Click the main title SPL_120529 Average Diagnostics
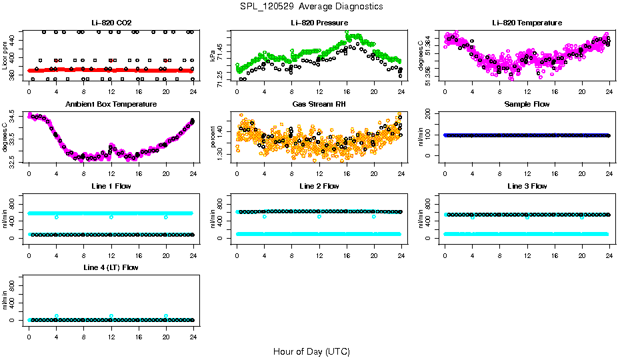point(312,6)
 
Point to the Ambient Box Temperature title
point(111,104)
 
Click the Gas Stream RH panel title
point(319,104)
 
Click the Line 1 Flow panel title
point(111,186)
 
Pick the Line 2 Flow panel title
point(319,186)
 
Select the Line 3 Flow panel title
point(527,186)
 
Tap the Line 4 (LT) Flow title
point(111,267)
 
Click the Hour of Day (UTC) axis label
point(311,351)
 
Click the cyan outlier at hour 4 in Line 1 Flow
point(57,217)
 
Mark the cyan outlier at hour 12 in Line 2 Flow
point(319,217)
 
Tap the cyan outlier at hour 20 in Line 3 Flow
point(582,217)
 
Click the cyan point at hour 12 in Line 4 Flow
point(111,316)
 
